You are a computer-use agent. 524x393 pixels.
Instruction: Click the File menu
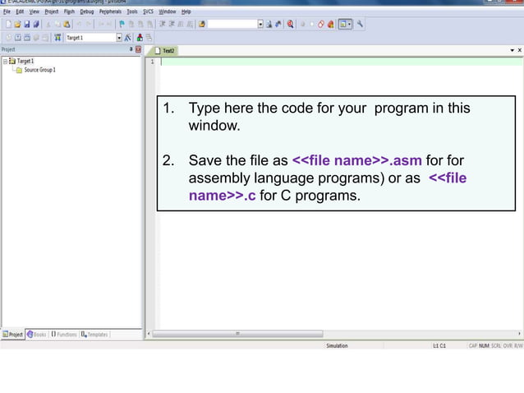pos(6,12)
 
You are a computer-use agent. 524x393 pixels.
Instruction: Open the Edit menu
pos(21,12)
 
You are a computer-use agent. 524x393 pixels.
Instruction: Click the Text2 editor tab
pos(168,51)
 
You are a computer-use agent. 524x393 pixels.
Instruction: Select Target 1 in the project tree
pos(25,61)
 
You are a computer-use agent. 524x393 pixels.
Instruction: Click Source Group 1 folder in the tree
pos(39,70)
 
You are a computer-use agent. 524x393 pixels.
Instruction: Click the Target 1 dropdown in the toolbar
pos(92,37)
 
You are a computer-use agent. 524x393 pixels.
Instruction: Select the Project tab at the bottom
pos(14,335)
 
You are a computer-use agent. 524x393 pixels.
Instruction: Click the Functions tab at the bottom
pos(64,335)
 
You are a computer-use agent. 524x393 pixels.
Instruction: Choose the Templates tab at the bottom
pos(94,335)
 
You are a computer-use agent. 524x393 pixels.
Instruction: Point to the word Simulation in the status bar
pos(337,346)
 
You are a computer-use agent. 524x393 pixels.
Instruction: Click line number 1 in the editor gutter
pos(152,62)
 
